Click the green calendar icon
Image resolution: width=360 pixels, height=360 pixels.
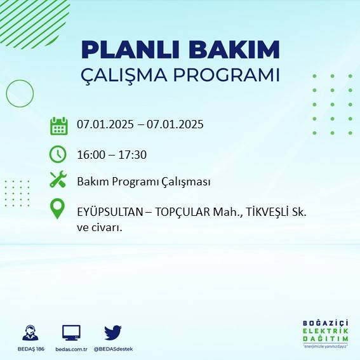(x=58, y=125)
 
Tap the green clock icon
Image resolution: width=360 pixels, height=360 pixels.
(x=58, y=154)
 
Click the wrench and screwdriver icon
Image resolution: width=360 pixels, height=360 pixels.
(x=58, y=180)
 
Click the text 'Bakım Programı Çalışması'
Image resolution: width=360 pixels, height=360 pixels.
(x=143, y=182)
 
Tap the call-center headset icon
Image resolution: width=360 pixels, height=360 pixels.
(x=29, y=333)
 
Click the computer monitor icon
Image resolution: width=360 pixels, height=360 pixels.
(x=71, y=332)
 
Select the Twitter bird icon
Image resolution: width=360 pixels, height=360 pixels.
(x=113, y=332)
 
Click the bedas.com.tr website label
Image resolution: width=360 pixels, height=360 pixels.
(x=71, y=349)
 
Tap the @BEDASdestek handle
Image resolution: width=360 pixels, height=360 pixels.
(x=113, y=349)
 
